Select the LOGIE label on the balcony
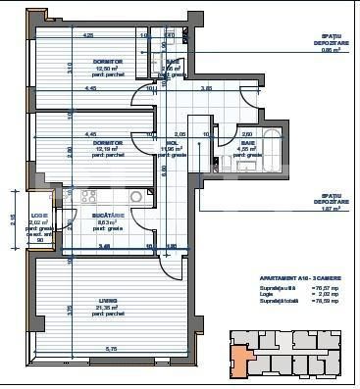pos(39,215)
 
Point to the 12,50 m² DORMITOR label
pos(94,62)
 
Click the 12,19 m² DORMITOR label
pos(94,143)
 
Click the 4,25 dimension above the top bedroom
pos(87,35)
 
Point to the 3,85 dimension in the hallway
pos(207,89)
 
